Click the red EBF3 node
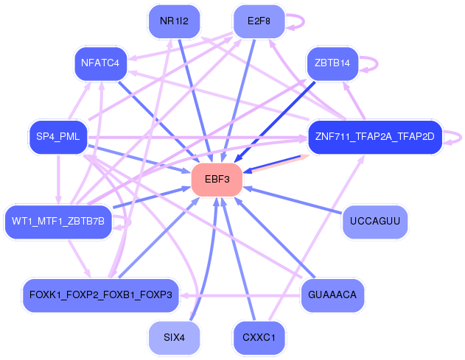click(x=217, y=179)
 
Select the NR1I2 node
click(x=174, y=21)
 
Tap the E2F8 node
click(x=259, y=21)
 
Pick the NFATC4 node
click(x=100, y=63)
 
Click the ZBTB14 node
click(x=332, y=63)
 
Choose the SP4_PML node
click(x=58, y=137)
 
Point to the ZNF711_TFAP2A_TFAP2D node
click(x=375, y=137)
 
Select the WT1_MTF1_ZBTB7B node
click(x=58, y=222)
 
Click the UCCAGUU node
click(x=375, y=222)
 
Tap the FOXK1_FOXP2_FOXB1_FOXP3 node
click(x=101, y=295)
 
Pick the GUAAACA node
click(x=332, y=295)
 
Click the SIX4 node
click(x=174, y=338)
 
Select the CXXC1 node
click(x=259, y=338)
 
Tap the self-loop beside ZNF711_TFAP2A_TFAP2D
click(x=461, y=138)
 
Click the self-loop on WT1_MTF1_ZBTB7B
click(x=128, y=222)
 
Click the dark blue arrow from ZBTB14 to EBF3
click(x=275, y=122)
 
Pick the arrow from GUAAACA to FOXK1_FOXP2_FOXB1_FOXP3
click(x=240, y=296)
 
